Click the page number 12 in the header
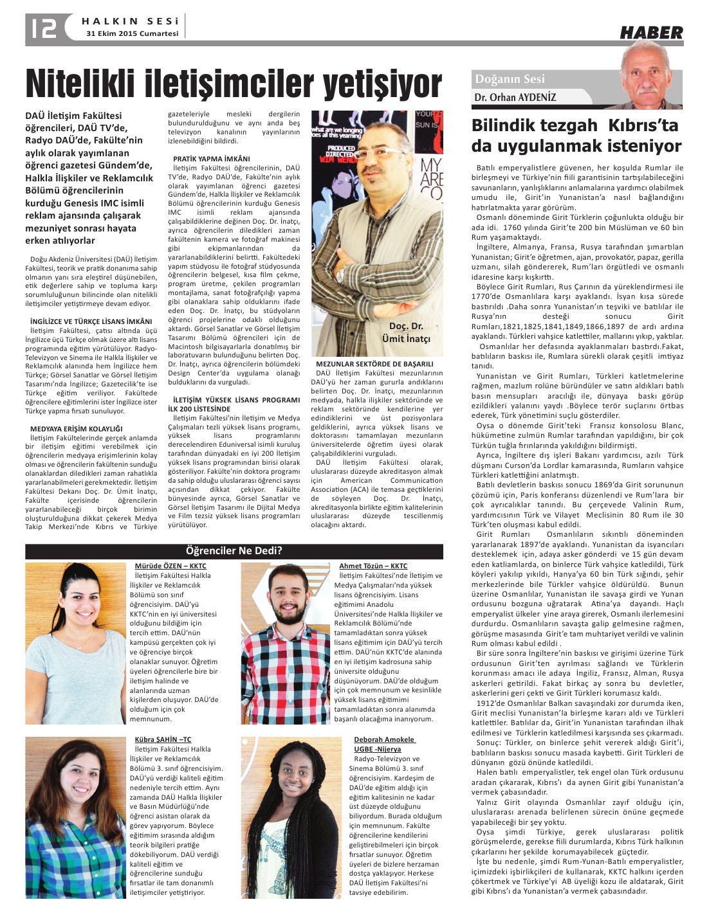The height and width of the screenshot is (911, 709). pyautogui.click(x=42, y=27)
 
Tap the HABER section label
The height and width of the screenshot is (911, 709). pyautogui.click(x=650, y=33)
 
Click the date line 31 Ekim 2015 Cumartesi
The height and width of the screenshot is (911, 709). pyautogui.click(x=133, y=34)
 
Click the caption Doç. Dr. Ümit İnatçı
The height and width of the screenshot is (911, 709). pyautogui.click(x=410, y=332)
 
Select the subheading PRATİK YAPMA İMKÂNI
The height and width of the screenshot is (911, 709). pyautogui.click(x=212, y=158)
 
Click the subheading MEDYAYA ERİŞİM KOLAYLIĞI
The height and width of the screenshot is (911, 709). pyautogui.click(x=76, y=428)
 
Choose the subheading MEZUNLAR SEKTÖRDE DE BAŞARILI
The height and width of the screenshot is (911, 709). pyautogui.click(x=374, y=364)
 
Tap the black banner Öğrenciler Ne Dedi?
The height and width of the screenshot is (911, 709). pyautogui.click(x=234, y=551)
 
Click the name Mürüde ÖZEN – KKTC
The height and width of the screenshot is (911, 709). pyautogui.click(x=170, y=566)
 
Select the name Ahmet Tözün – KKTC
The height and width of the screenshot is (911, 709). pyautogui.click(x=373, y=566)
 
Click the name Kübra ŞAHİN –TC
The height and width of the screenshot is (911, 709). pyautogui.click(x=163, y=739)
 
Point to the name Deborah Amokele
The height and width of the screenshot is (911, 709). pyautogui.click(x=384, y=739)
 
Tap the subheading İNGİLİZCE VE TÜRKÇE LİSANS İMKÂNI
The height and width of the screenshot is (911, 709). pyautogui.click(x=91, y=321)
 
